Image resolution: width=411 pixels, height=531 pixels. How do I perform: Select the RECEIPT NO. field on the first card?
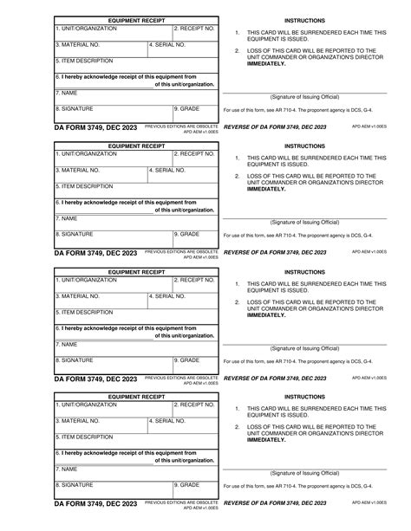coord(194,32)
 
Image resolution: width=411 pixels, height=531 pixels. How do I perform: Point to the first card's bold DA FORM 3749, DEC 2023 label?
coord(95,127)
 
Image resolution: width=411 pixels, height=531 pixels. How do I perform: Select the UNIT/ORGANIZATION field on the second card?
coord(112,158)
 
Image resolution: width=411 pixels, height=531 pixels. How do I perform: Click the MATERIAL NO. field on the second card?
coord(100,175)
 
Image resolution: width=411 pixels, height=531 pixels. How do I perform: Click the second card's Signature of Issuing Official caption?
coord(304,223)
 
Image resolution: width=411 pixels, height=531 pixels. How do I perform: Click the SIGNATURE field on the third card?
coord(112,364)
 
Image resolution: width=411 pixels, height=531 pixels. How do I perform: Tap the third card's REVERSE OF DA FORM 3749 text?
coord(275,378)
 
